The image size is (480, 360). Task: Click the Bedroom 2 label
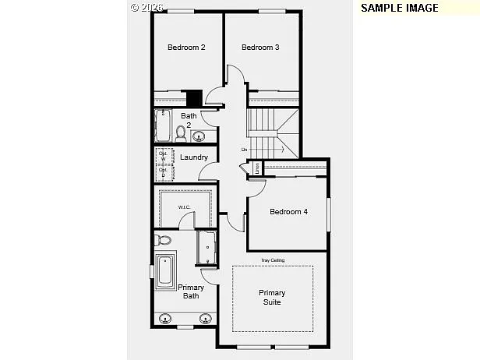[x=186, y=48]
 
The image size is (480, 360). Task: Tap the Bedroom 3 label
[x=260, y=48]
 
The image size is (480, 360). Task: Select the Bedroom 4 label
[x=288, y=211]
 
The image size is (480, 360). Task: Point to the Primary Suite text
[x=272, y=298]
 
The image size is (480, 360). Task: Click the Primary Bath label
[x=191, y=291]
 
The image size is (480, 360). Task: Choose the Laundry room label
[x=193, y=157]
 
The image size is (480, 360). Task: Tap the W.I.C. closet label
[x=184, y=207]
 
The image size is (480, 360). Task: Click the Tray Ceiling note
[x=272, y=260]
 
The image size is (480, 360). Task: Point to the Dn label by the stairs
[x=244, y=150]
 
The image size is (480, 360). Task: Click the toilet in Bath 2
[x=182, y=134]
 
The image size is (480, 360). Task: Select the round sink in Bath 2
[x=199, y=137]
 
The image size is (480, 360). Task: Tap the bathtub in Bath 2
[x=164, y=125]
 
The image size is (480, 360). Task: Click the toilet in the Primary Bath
[x=163, y=240]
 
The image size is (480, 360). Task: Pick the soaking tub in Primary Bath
[x=165, y=270]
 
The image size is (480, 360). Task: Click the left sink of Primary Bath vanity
[x=166, y=318]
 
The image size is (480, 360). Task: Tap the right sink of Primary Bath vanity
[x=206, y=318]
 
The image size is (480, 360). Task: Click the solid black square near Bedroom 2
[x=194, y=99]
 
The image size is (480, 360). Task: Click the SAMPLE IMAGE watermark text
[x=400, y=8]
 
